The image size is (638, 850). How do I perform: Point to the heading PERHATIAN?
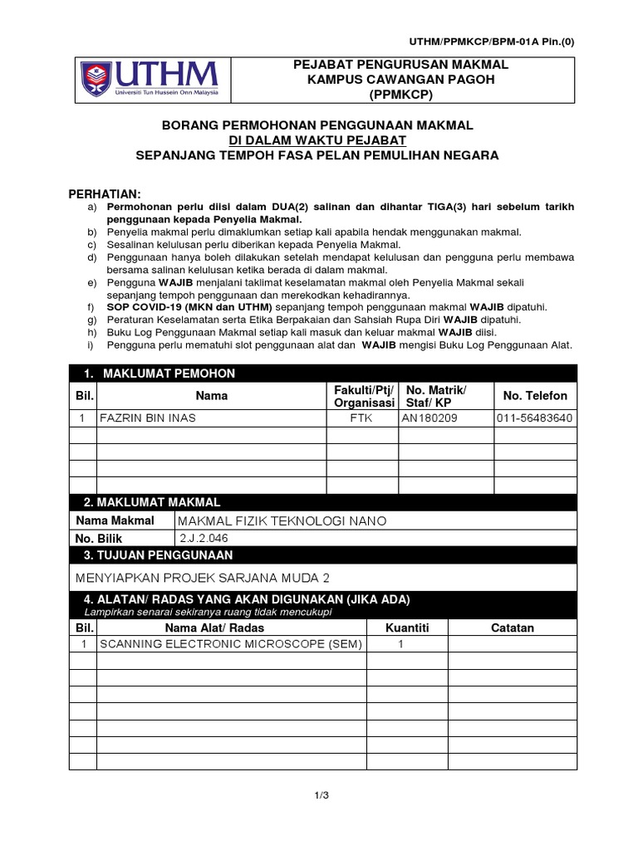105,193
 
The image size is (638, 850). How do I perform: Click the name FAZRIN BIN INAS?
148,418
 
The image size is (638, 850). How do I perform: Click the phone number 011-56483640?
534,418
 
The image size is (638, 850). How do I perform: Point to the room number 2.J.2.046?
203,538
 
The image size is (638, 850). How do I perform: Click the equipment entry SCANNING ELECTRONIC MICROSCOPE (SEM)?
231,644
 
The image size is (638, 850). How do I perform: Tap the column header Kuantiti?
407,628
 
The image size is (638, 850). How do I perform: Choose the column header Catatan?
513,628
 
